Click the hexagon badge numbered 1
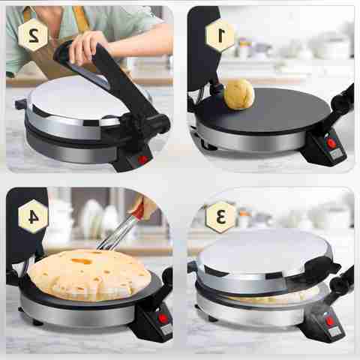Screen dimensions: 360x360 tap(220, 36)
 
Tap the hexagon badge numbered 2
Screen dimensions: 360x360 tap(33, 35)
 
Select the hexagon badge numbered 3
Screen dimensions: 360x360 tap(221, 217)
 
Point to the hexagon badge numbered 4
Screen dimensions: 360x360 tap(33, 217)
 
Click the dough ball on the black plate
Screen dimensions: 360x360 tap(239, 94)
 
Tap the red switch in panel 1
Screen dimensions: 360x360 tap(331, 143)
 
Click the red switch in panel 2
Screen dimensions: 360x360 tap(143, 160)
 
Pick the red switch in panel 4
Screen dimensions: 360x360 tap(163, 318)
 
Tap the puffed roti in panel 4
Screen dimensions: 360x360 tap(89, 274)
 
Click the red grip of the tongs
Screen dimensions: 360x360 tap(139, 210)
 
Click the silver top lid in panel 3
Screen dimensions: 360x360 tap(265, 253)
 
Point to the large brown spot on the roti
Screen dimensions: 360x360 tap(82, 261)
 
